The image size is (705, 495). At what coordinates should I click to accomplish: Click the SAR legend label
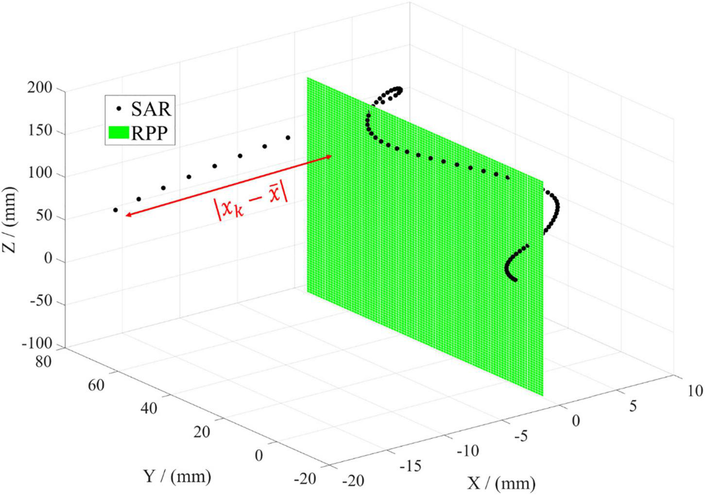[x=151, y=109]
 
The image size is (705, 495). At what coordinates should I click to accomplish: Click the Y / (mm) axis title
[x=177, y=476]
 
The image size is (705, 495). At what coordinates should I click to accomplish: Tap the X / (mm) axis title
[x=501, y=483]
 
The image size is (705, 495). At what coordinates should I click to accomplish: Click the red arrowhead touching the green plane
[x=330, y=156]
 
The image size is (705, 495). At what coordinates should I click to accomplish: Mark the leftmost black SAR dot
[x=115, y=210]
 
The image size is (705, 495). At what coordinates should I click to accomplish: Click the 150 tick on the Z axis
[x=45, y=132]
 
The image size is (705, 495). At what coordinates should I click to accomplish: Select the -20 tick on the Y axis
[x=305, y=479]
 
